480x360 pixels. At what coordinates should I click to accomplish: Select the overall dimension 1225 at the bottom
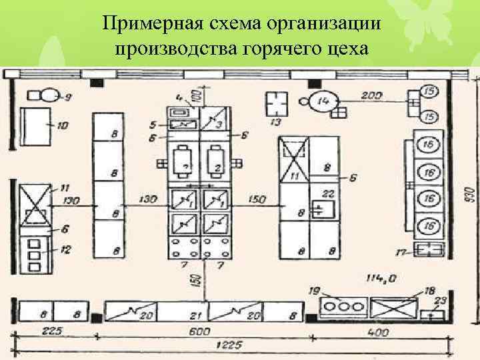click(x=229, y=345)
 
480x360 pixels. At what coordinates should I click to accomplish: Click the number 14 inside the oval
click(x=324, y=101)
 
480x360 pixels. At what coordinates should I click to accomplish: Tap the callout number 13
click(x=275, y=123)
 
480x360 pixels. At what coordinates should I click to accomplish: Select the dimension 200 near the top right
click(x=372, y=96)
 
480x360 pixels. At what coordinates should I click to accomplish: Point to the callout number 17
click(x=402, y=251)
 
